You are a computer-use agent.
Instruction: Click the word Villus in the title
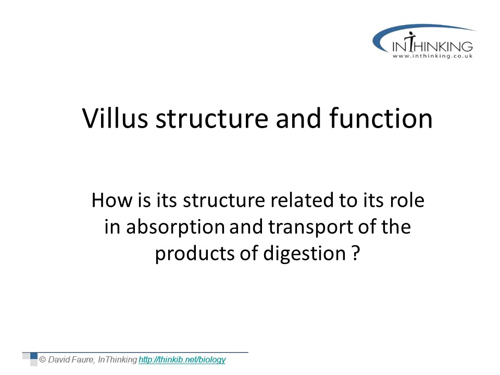tap(115, 118)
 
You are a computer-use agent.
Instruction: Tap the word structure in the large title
tap(212, 119)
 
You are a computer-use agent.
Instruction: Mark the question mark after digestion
tap(356, 253)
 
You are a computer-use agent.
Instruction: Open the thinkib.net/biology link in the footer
tap(182, 360)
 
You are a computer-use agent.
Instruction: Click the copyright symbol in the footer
tap(42, 360)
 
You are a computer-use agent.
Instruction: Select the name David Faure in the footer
tap(71, 360)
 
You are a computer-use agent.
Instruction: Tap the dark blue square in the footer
tap(34, 356)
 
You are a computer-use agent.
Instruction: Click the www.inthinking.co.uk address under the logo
tap(432, 56)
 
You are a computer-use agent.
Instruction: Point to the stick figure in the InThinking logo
tap(411, 42)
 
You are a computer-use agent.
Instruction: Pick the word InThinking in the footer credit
tap(117, 360)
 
